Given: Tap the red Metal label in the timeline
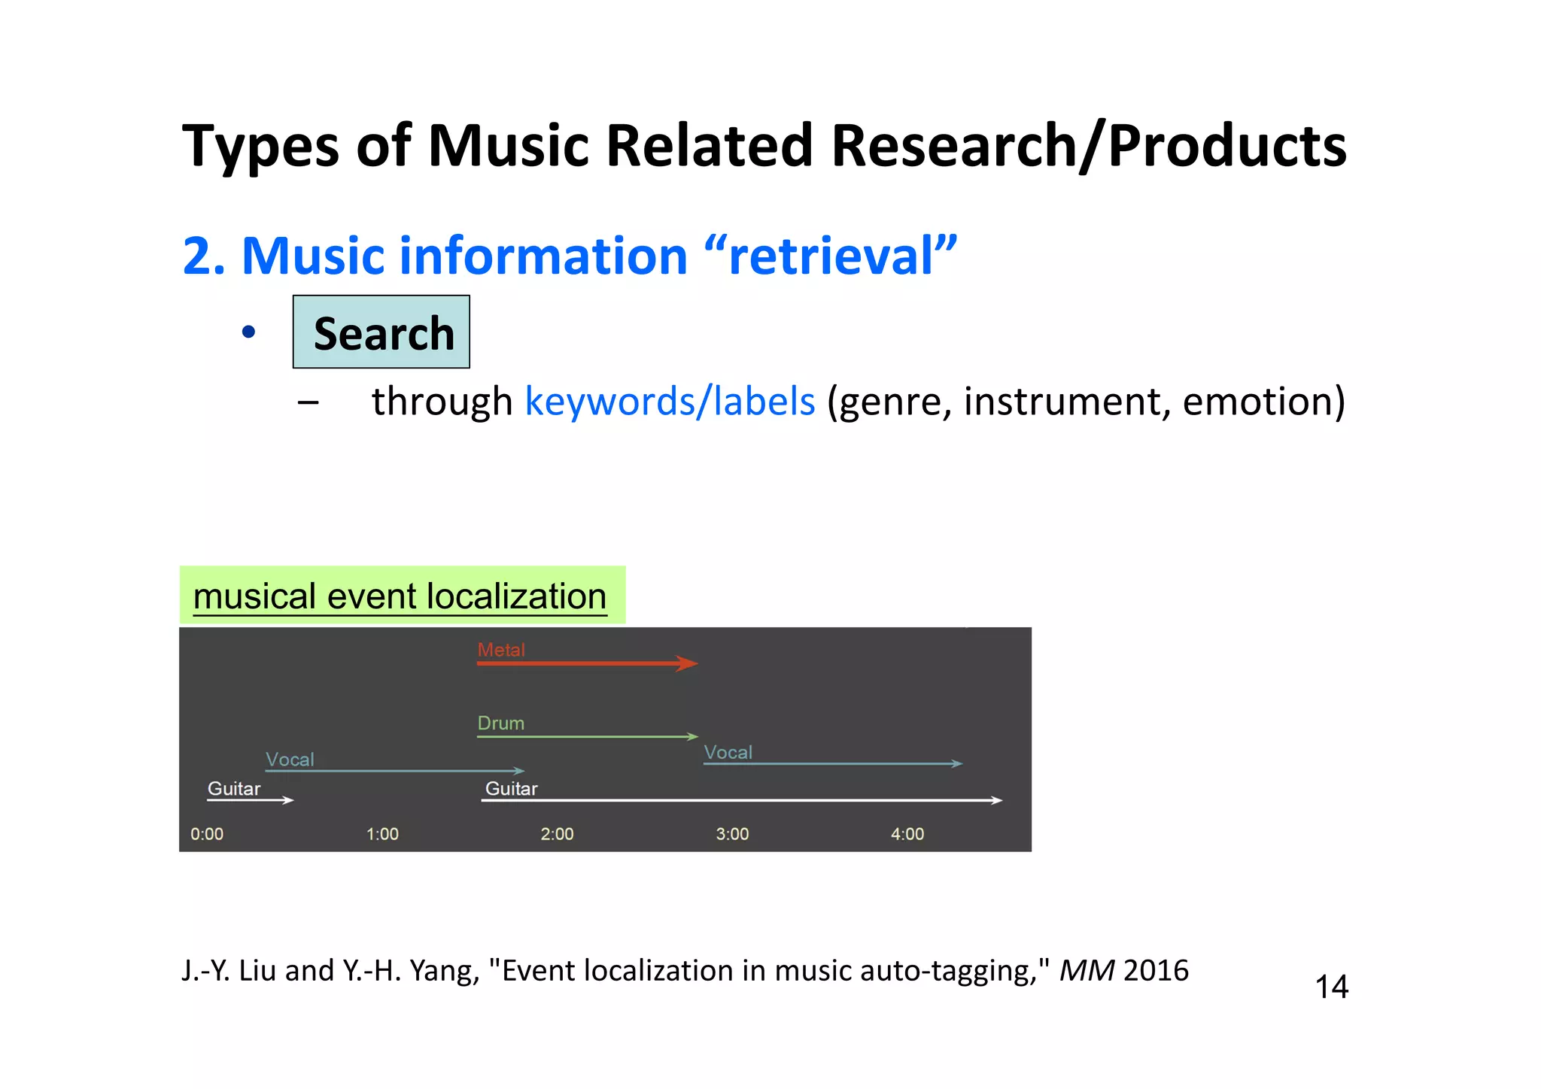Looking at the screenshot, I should (x=501, y=650).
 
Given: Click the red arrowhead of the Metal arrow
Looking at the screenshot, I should (x=687, y=663).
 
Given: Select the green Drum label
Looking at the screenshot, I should (x=501, y=723).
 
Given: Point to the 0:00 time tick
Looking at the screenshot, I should (x=207, y=834).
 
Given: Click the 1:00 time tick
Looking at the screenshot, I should (x=382, y=834).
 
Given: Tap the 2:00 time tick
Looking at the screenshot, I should (x=557, y=834).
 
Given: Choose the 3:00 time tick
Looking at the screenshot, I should (x=732, y=834).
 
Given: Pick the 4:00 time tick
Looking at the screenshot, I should (x=907, y=834).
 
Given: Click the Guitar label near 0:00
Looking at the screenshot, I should (x=234, y=788).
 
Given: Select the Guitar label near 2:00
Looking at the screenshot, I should (x=512, y=788).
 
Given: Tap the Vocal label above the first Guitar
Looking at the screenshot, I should (x=290, y=760).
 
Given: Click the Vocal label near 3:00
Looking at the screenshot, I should (x=728, y=752).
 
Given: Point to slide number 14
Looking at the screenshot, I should (x=1331, y=987).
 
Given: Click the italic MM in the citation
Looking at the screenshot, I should (x=1087, y=971).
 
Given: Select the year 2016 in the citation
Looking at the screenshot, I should (x=1156, y=971).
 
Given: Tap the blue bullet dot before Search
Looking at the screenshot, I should (x=249, y=332).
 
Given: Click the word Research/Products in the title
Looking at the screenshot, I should (x=1088, y=145).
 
